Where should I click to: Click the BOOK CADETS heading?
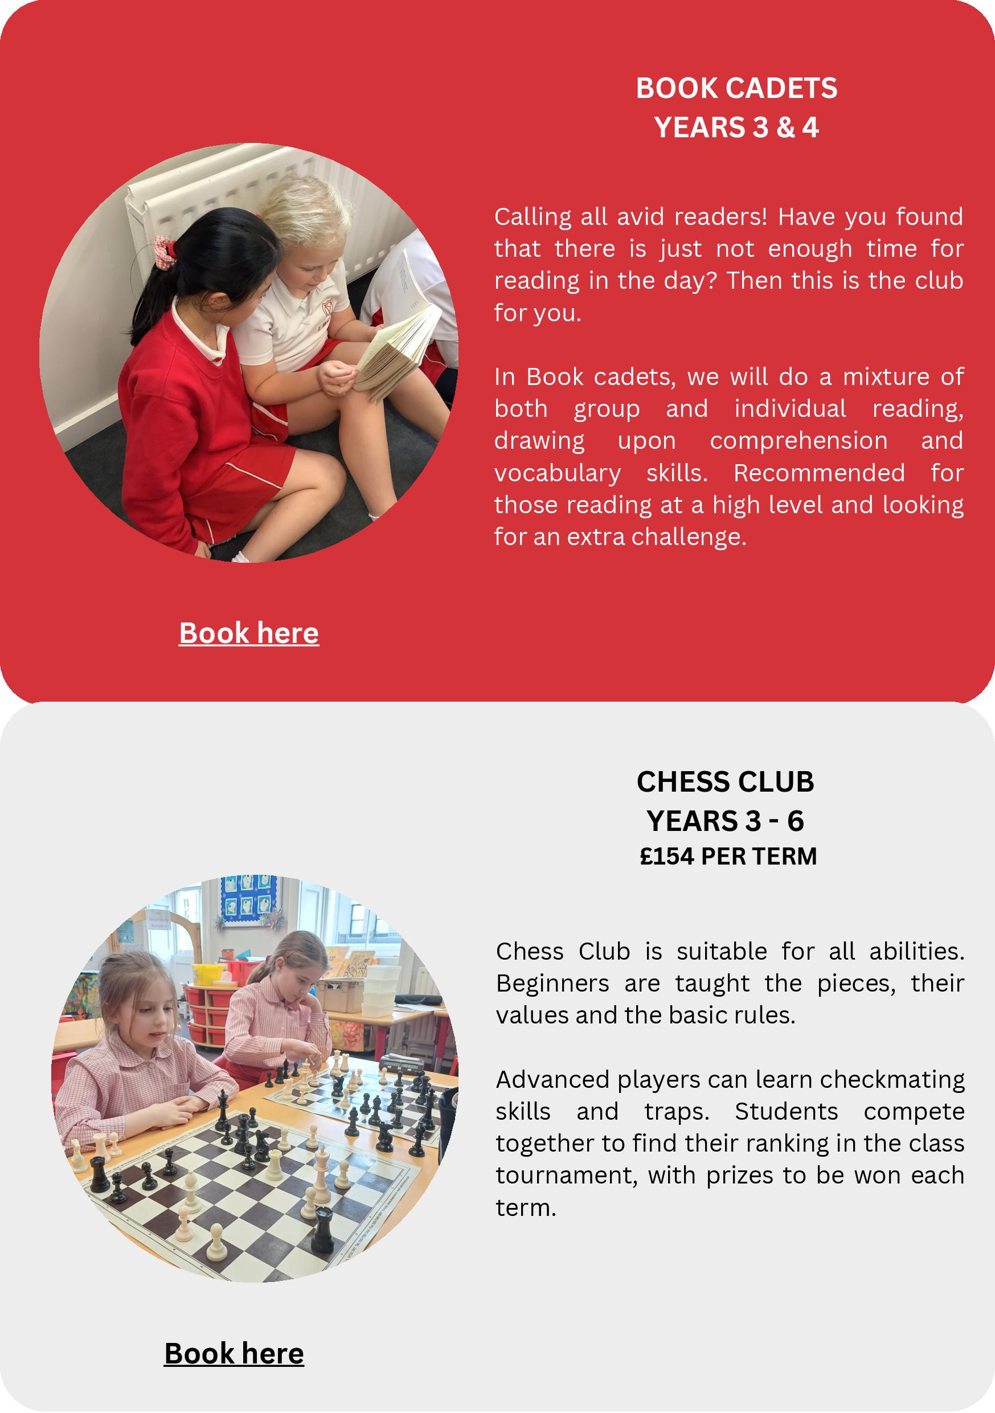pos(736,88)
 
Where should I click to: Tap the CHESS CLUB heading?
pos(725,781)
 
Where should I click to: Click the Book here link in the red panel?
pos(248,633)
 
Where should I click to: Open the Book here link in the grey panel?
pos(234,1353)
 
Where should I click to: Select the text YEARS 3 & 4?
pos(736,128)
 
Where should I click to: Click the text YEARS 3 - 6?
pos(725,820)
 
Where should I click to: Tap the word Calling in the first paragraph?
pos(533,216)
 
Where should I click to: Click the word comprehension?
pos(798,441)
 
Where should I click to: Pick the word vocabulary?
pos(558,473)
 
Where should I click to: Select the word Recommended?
pos(819,473)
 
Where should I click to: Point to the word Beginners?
pos(552,983)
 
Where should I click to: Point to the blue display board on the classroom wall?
pos(248,900)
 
